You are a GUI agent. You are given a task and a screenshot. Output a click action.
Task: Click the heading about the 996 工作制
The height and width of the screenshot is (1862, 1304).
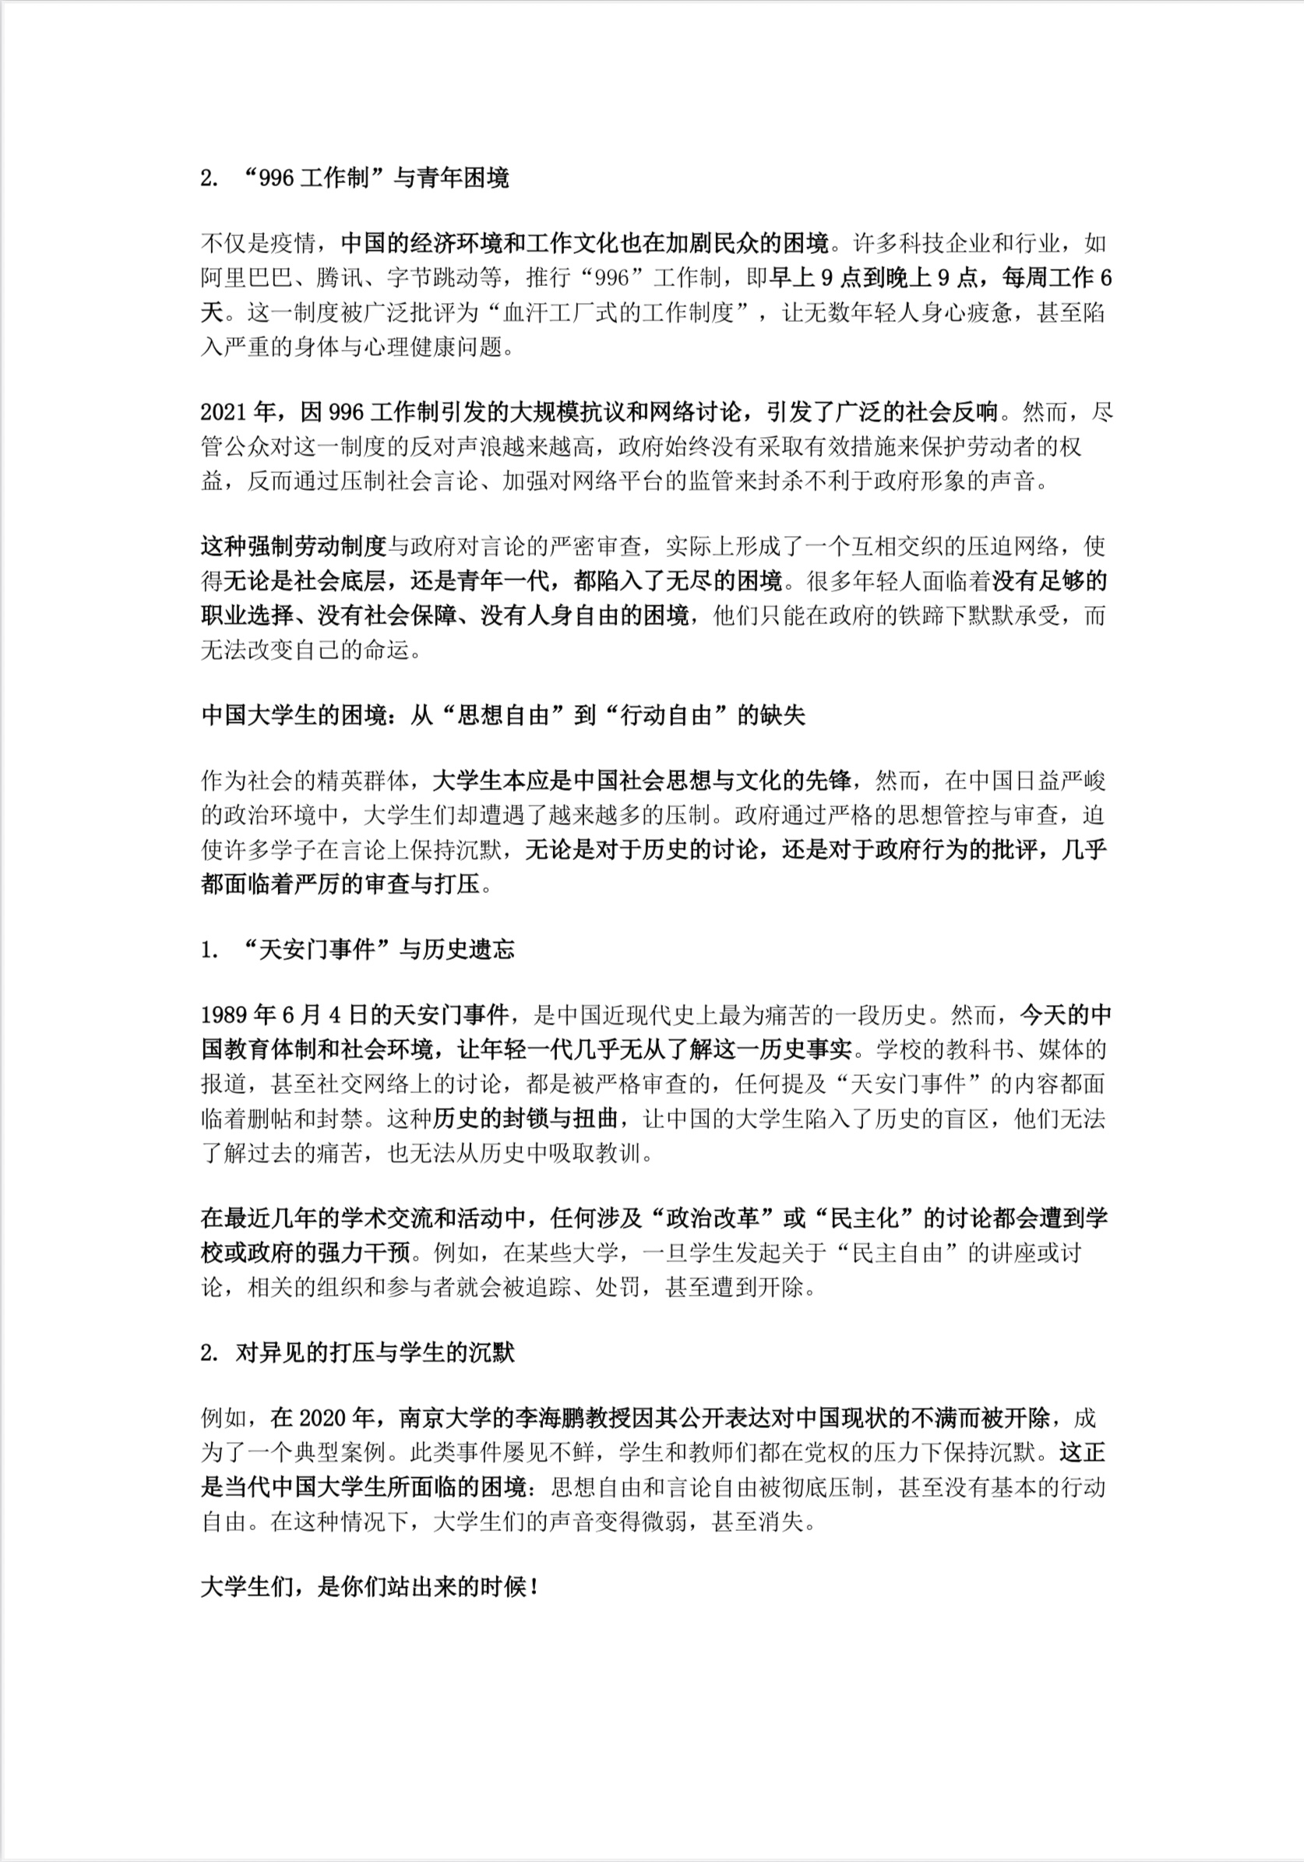(x=354, y=178)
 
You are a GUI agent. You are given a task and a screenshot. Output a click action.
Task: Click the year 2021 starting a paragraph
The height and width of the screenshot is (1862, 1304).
(x=224, y=413)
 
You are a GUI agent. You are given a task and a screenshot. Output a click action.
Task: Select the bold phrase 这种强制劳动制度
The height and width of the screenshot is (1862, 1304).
(x=294, y=547)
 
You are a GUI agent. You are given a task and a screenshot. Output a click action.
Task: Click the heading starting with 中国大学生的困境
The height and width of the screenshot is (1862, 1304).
(x=502, y=715)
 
